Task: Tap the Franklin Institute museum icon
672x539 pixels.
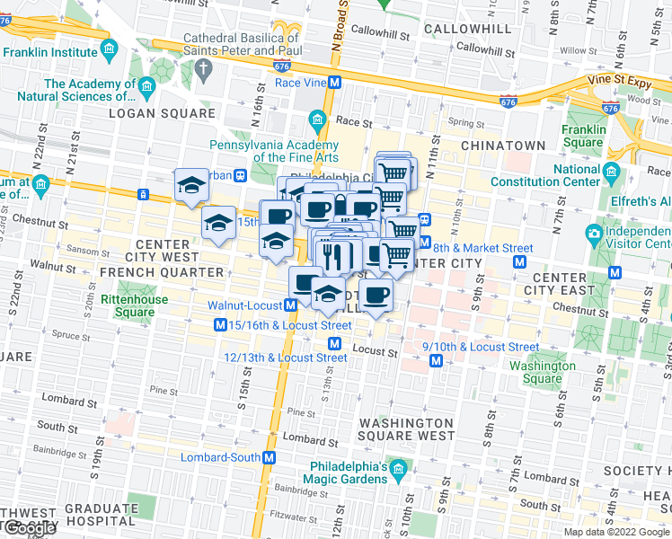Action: click(x=109, y=48)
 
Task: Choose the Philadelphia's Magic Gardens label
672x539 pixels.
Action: click(x=349, y=473)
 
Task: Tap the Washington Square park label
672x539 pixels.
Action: click(x=542, y=372)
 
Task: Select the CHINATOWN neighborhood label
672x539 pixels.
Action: click(x=503, y=145)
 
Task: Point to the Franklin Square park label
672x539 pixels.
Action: click(x=583, y=136)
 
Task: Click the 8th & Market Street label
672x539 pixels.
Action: click(x=483, y=248)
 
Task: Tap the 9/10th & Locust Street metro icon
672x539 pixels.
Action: click(x=436, y=360)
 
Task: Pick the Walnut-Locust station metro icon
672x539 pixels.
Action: click(x=291, y=305)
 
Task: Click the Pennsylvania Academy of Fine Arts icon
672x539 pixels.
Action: click(x=317, y=119)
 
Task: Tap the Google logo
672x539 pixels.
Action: click(x=30, y=528)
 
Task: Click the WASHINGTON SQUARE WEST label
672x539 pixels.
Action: click(x=406, y=429)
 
